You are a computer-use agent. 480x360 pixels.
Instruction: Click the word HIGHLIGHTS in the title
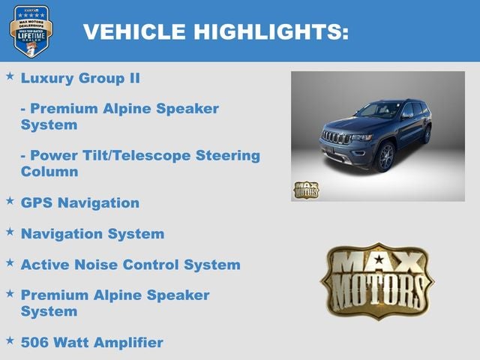(x=270, y=31)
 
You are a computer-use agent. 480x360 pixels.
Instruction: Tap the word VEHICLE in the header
(x=133, y=31)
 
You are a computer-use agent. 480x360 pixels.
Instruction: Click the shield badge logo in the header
(x=31, y=31)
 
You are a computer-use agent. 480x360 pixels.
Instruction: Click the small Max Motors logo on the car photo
(x=305, y=189)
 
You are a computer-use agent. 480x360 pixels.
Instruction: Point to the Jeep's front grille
(x=336, y=138)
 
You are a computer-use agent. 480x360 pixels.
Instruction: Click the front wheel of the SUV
(x=386, y=157)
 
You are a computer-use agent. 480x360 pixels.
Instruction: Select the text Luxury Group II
(x=80, y=78)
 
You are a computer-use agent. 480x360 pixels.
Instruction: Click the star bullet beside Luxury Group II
(x=10, y=76)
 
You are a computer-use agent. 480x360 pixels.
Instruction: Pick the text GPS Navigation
(x=80, y=202)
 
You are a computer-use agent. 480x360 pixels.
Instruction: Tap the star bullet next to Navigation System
(x=10, y=232)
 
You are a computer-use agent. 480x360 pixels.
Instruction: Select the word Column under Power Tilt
(x=49, y=172)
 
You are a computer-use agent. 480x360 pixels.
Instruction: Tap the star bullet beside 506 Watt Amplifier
(x=10, y=340)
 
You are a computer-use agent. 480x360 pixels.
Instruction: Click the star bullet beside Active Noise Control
(x=10, y=262)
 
